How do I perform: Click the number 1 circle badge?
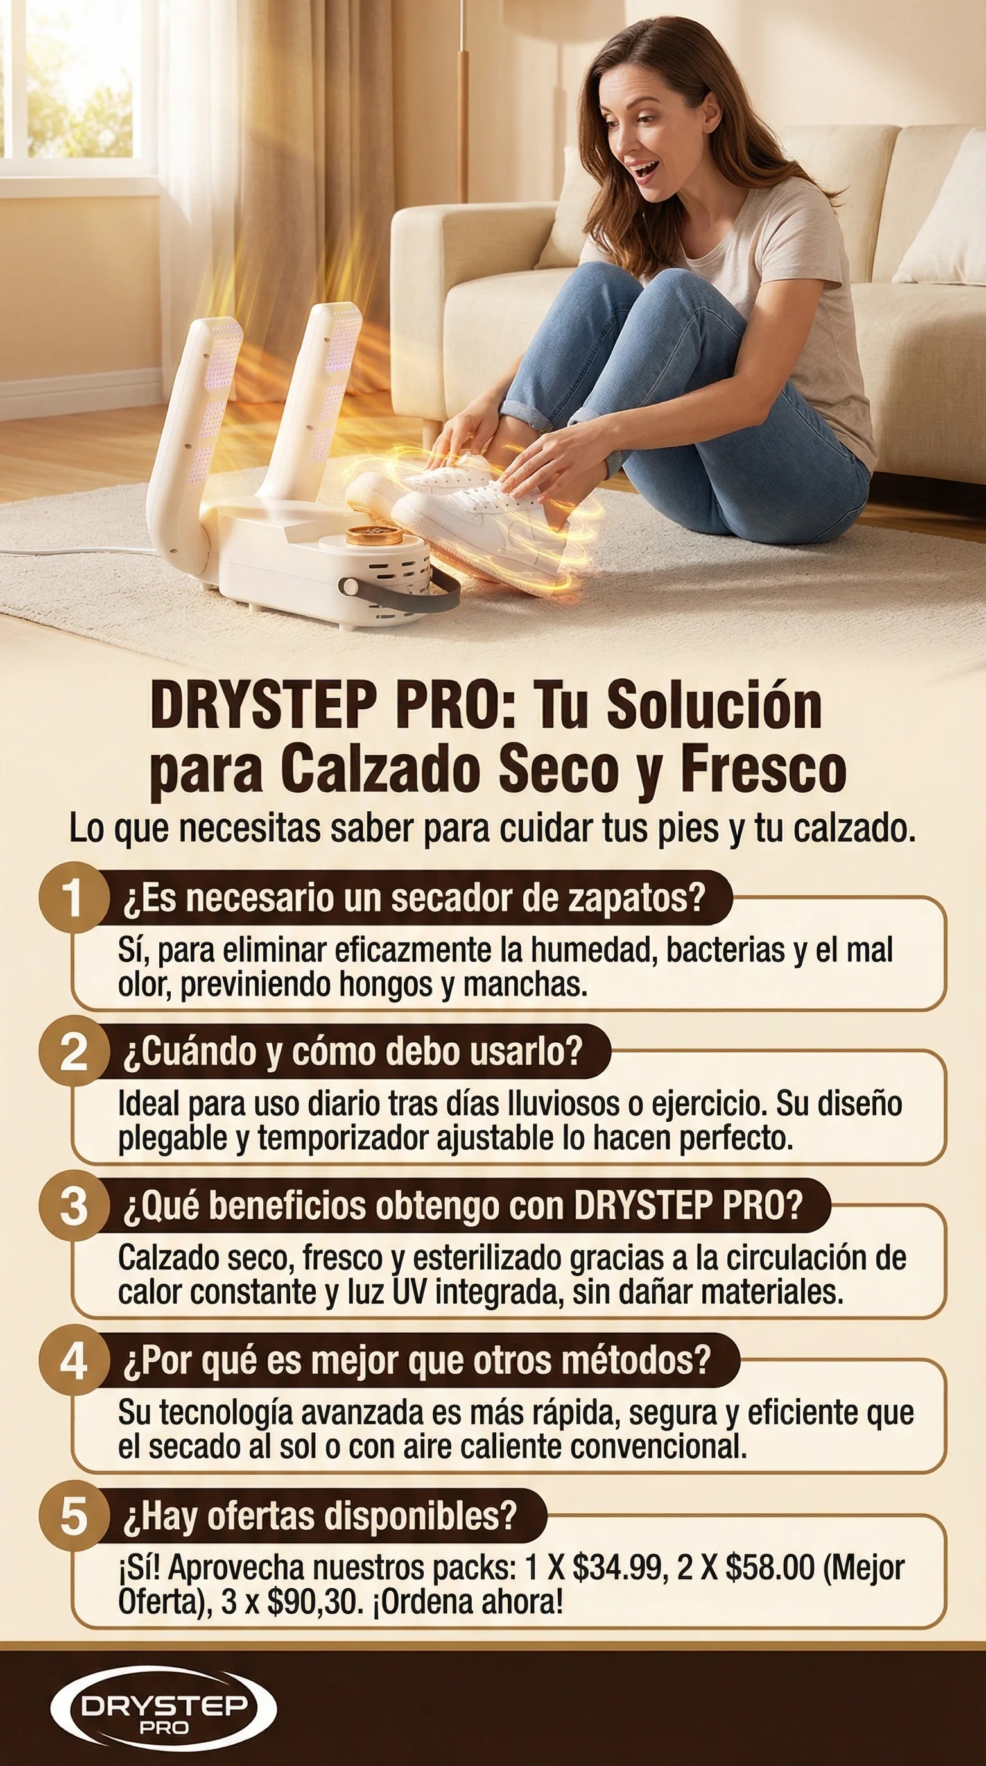point(74,897)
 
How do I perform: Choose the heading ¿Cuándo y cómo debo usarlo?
point(352,1052)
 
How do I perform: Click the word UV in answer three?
point(410,1292)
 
